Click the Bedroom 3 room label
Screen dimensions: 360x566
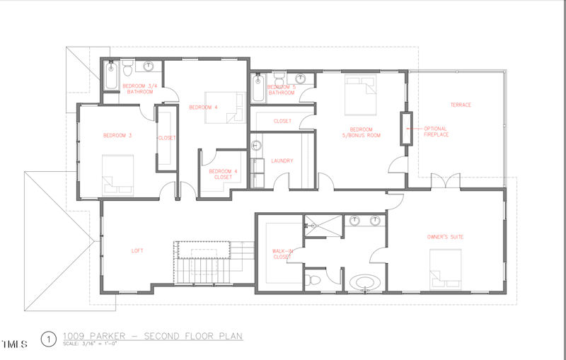click(117, 135)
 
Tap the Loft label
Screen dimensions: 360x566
click(137, 250)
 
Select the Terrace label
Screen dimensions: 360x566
click(461, 105)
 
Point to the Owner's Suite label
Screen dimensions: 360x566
click(446, 236)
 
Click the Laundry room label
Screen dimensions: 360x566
click(282, 161)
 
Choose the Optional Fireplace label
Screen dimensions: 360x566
click(435, 131)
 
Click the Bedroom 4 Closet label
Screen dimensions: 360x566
click(222, 174)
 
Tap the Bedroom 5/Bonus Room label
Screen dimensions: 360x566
click(361, 132)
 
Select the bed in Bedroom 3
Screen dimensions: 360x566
click(117, 174)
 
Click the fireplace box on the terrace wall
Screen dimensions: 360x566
click(406, 128)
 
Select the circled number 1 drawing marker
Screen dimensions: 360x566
click(48, 339)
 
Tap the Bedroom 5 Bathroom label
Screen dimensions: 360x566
click(281, 90)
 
